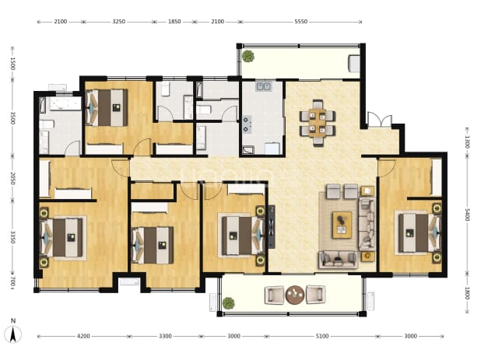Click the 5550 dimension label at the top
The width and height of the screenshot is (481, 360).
click(x=300, y=22)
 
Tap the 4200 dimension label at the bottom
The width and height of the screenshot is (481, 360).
click(x=83, y=336)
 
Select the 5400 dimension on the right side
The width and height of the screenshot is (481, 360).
click(x=467, y=215)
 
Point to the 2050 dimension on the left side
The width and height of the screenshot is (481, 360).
click(x=12, y=178)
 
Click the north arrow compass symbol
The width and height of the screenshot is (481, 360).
click(x=13, y=332)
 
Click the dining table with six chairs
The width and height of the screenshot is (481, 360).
click(x=318, y=123)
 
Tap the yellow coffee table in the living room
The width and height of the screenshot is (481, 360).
click(x=342, y=225)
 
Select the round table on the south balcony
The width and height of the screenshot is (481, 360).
click(x=295, y=295)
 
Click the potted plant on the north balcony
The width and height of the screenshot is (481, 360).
click(x=248, y=56)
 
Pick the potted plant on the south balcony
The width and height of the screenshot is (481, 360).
click(x=229, y=303)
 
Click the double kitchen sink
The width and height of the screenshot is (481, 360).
click(x=264, y=86)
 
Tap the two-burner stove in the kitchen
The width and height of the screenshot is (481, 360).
click(x=247, y=124)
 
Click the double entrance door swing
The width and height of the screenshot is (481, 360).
click(x=380, y=119)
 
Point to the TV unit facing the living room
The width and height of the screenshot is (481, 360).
click(x=271, y=227)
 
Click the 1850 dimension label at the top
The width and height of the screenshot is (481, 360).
click(x=174, y=22)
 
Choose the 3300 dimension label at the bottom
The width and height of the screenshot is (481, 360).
click(x=165, y=336)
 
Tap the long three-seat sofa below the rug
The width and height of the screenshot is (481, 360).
click(x=339, y=260)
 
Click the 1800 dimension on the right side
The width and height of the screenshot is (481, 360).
click(x=467, y=293)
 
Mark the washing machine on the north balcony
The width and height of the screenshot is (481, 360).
click(x=354, y=64)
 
